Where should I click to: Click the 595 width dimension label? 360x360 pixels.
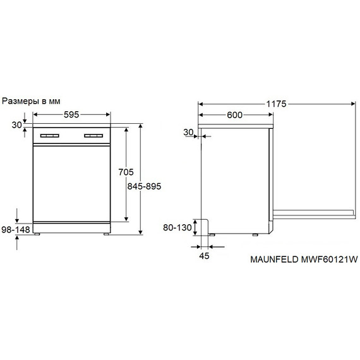click(x=71, y=114)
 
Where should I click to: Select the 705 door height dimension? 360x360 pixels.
click(x=126, y=172)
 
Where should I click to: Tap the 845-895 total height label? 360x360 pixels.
click(x=144, y=186)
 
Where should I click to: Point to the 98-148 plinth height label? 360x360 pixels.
click(x=16, y=229)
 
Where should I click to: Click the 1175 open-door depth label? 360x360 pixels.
click(x=276, y=104)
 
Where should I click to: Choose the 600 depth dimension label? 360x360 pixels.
click(x=235, y=115)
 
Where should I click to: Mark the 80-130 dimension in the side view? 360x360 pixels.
click(x=177, y=227)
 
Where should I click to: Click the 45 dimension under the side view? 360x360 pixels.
click(x=204, y=256)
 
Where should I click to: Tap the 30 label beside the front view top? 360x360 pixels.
click(x=17, y=125)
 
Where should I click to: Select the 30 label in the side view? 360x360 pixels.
click(x=188, y=132)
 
